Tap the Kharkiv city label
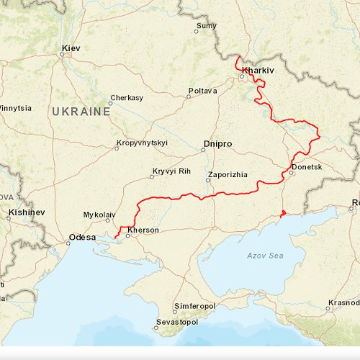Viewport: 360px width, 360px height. (258, 71)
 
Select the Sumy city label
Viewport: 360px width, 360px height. (207, 26)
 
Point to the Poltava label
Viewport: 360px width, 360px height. (202, 91)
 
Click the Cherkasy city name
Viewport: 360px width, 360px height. (128, 97)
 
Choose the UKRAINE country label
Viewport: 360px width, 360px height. (81, 112)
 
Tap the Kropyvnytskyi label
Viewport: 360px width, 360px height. (142, 143)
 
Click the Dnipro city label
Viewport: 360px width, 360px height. (217, 144)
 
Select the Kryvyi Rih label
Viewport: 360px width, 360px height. (171, 171)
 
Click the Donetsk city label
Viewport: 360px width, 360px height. (308, 167)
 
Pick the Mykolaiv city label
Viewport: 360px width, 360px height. (99, 215)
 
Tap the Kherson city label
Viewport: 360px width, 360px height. (143, 230)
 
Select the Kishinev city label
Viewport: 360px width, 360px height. (27, 213)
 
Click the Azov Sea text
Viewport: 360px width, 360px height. (265, 256)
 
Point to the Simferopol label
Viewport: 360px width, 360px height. (194, 305)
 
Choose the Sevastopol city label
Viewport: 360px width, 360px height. (179, 322)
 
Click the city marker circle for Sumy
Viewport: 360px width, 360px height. (196, 31)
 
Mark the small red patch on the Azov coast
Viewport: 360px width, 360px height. (283, 213)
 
